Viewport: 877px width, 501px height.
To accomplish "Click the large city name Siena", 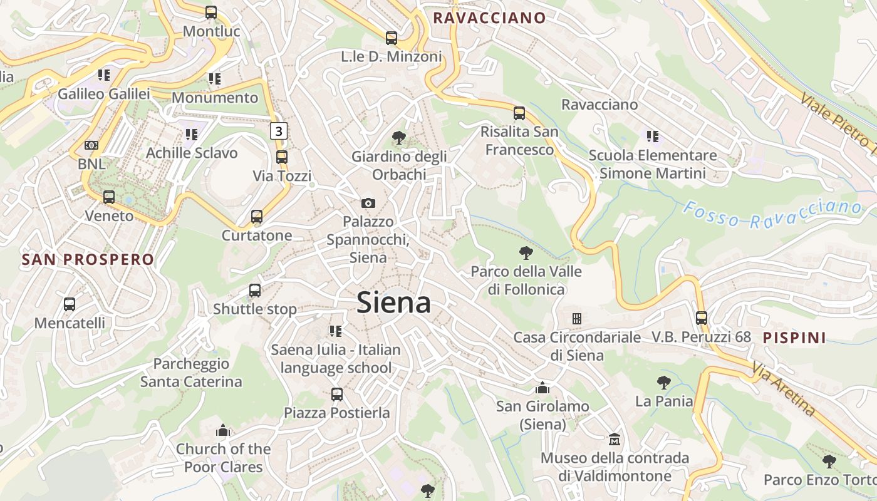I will point(393,303).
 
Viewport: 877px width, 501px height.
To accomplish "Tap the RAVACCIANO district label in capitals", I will point(489,18).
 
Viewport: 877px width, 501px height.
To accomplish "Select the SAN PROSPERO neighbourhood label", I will point(88,259).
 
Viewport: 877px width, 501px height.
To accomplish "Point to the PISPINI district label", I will point(794,338).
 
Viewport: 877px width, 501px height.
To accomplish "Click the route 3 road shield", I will point(279,131).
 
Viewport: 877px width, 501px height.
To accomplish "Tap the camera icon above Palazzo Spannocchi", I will point(368,203).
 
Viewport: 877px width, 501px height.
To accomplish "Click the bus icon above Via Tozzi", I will point(282,157).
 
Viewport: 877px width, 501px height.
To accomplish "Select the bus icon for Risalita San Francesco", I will point(519,113).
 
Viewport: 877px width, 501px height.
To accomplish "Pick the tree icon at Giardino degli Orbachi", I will point(398,137).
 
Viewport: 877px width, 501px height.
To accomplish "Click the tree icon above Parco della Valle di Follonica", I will point(526,253).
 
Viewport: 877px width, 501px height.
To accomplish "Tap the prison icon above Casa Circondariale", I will point(577,318).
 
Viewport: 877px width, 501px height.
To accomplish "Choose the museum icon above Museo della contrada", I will point(615,440).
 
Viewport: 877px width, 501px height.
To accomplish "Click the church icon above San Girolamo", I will point(542,388).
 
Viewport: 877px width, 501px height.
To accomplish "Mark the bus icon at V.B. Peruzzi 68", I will point(702,318).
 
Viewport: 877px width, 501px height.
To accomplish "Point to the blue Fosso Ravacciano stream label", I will point(772,214).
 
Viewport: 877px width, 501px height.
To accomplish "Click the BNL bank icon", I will point(91,145).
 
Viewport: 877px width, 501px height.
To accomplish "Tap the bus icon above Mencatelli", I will point(70,304).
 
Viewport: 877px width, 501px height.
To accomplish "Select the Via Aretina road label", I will point(784,390).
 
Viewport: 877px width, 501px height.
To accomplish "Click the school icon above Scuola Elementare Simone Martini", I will point(653,136).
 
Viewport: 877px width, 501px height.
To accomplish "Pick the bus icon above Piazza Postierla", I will point(337,395).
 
